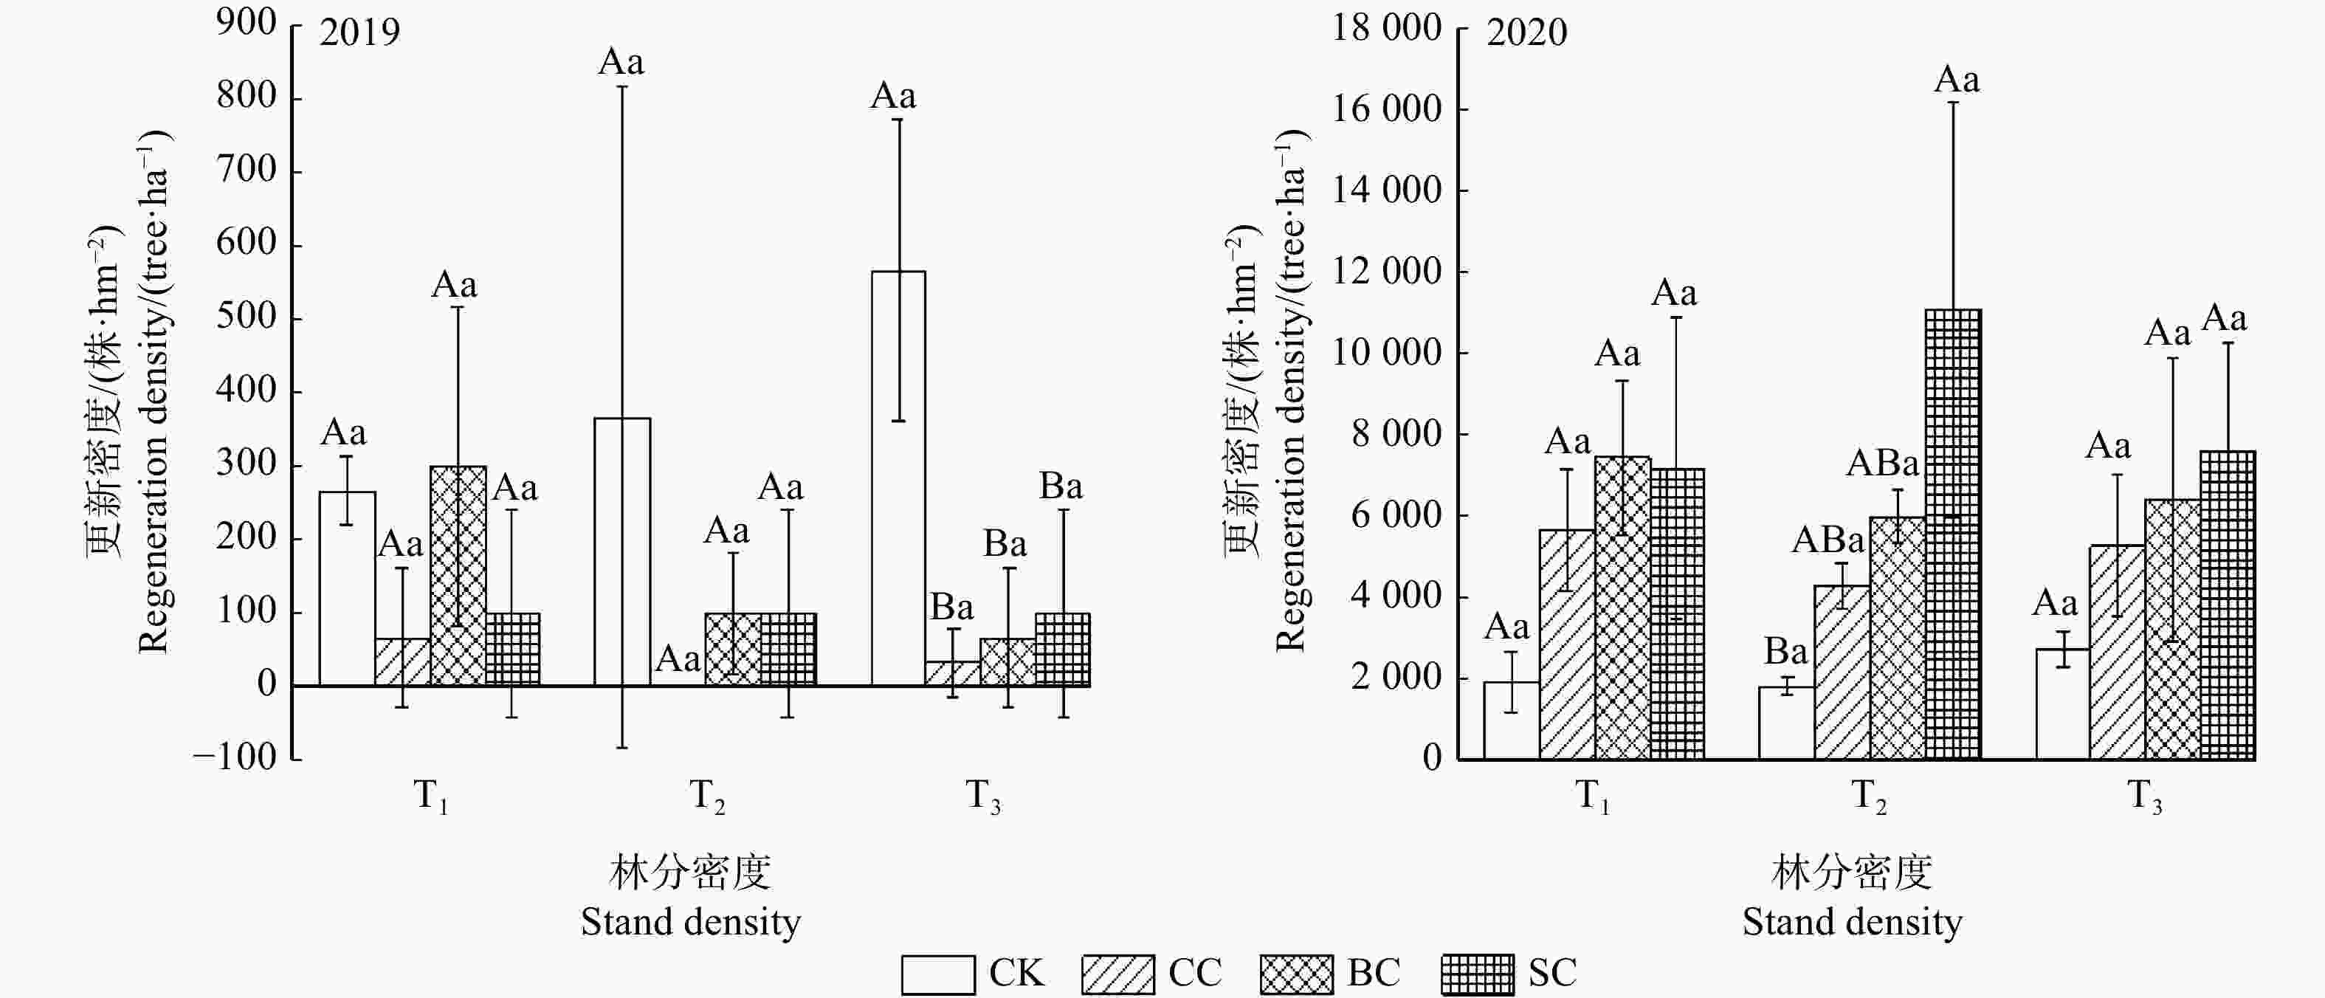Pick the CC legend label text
(1195, 973)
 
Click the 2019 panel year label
(359, 32)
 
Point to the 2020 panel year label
(1526, 32)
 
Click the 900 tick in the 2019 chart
(247, 23)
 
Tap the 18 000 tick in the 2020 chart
(1387, 28)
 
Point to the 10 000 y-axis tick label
(1387, 353)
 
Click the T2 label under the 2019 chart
(706, 796)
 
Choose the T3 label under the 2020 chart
(2144, 796)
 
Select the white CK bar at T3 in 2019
(898, 478)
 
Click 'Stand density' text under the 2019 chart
(690, 922)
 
